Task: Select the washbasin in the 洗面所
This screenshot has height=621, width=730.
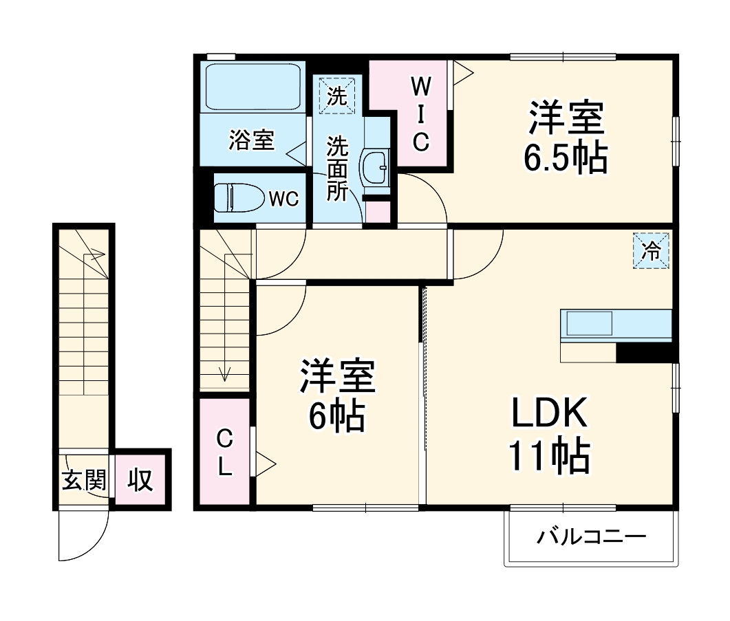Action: [x=376, y=166]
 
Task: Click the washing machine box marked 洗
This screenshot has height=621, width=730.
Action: [x=336, y=96]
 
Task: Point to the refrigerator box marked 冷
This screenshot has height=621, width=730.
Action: [x=650, y=252]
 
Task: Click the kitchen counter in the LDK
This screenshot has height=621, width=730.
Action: [x=616, y=326]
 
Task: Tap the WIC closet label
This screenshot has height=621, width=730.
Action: [x=421, y=113]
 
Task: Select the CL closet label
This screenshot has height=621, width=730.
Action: [x=224, y=453]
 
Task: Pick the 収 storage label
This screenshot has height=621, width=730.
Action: [x=140, y=479]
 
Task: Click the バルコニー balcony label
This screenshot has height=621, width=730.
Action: [x=592, y=536]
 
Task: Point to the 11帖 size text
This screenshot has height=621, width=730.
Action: [x=548, y=455]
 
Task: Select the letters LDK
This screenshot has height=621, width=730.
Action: [x=548, y=414]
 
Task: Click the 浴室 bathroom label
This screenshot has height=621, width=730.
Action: [x=252, y=141]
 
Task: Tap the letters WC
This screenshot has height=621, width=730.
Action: [x=283, y=199]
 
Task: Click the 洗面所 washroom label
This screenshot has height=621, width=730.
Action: [x=337, y=168]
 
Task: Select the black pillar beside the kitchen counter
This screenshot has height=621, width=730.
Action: [x=645, y=352]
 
